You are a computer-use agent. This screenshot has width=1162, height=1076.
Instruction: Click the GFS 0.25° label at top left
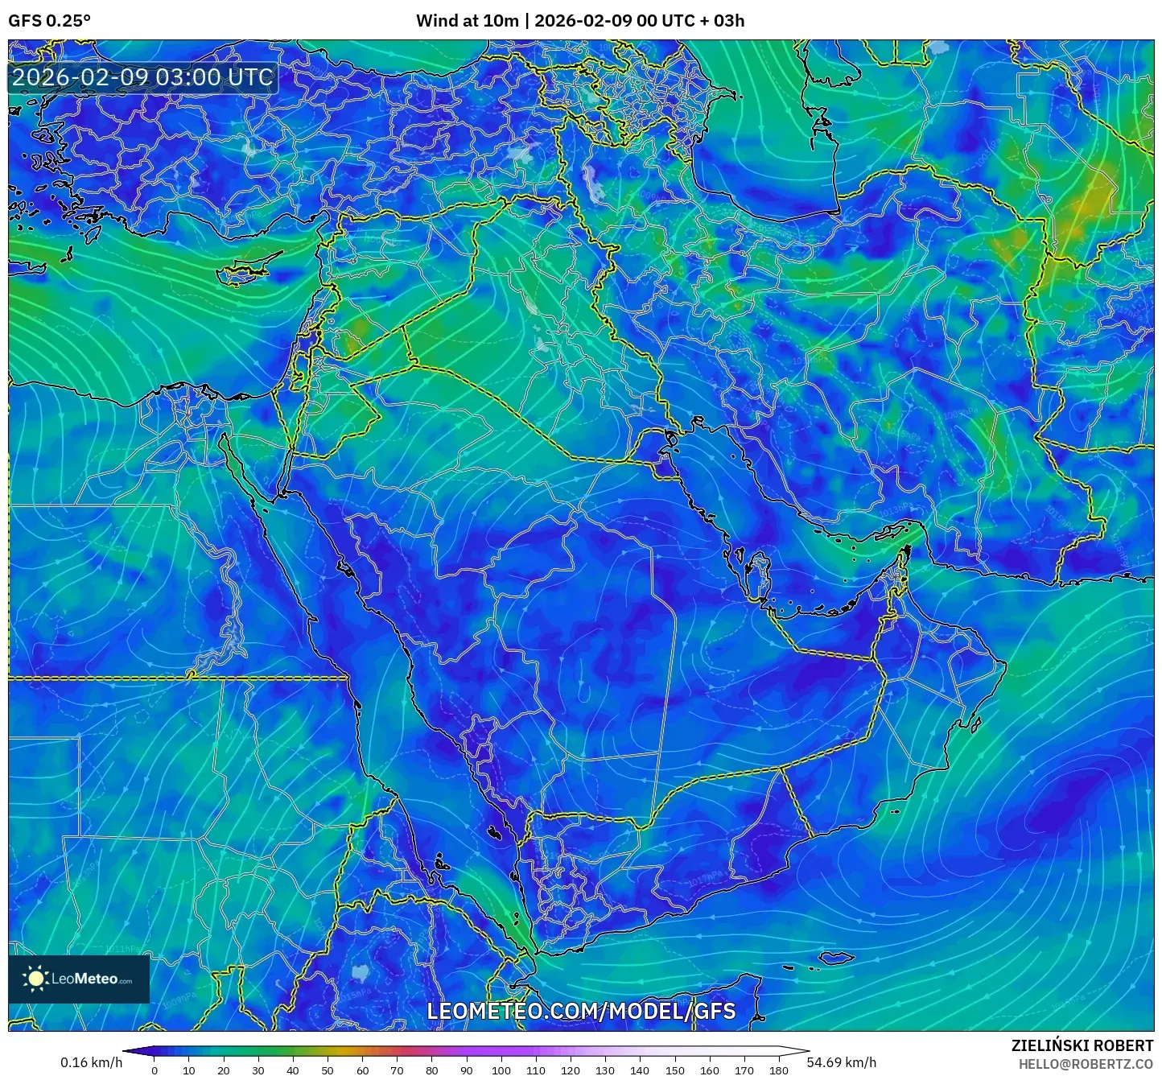[x=49, y=21]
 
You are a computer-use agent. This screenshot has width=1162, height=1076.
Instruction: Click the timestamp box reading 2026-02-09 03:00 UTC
[x=142, y=77]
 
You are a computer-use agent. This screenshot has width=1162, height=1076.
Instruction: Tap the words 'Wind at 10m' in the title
[x=467, y=21]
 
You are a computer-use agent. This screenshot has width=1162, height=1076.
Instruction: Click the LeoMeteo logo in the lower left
[x=79, y=979]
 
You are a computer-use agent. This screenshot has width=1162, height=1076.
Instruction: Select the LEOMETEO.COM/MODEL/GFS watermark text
[x=581, y=1011]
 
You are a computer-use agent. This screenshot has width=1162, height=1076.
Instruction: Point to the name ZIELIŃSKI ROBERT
[x=1082, y=1045]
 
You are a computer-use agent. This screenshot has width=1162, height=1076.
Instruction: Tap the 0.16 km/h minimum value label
[x=91, y=1062]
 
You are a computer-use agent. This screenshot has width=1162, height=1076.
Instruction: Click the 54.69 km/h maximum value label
[x=842, y=1062]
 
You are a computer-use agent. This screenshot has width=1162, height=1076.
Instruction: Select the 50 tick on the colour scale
[x=328, y=1070]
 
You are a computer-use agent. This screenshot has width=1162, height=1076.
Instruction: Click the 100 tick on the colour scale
[x=501, y=1070]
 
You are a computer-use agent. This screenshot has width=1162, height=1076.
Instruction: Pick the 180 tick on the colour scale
[x=778, y=1070]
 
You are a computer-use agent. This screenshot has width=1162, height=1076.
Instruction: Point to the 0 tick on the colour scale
[x=155, y=1070]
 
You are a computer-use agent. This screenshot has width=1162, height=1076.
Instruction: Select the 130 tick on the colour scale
[x=605, y=1070]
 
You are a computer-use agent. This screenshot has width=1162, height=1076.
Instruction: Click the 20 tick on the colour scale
[x=224, y=1070]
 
